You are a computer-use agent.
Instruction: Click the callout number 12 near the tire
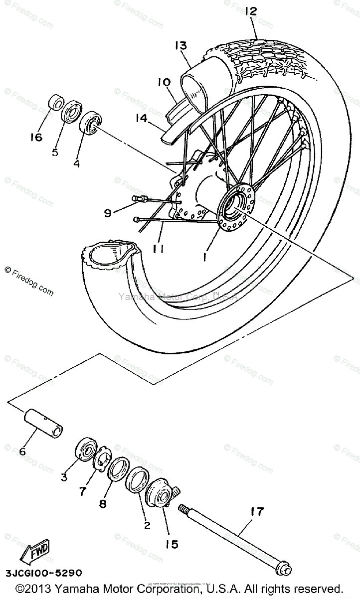point(250,11)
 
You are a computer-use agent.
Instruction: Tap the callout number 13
point(180,46)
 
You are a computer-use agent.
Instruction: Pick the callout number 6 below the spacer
point(22,451)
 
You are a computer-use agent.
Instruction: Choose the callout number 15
point(172,545)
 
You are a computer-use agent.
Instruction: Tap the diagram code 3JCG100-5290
point(41,574)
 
